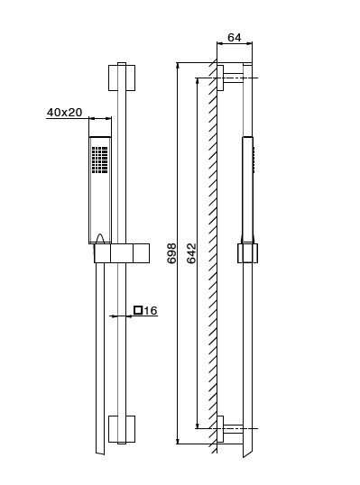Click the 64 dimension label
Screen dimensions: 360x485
[x=234, y=38]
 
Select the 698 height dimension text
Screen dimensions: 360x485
[x=171, y=253]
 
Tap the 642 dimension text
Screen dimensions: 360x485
[x=191, y=253]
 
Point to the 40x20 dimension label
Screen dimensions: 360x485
[x=64, y=113]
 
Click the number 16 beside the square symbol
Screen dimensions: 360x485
[x=151, y=310]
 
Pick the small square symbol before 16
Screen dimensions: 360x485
[x=138, y=310]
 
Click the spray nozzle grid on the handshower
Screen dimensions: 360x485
[x=99, y=160]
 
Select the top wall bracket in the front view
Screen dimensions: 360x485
[x=122, y=78]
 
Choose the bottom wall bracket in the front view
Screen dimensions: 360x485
[x=122, y=429]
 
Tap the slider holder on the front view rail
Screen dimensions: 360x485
[x=122, y=253]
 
